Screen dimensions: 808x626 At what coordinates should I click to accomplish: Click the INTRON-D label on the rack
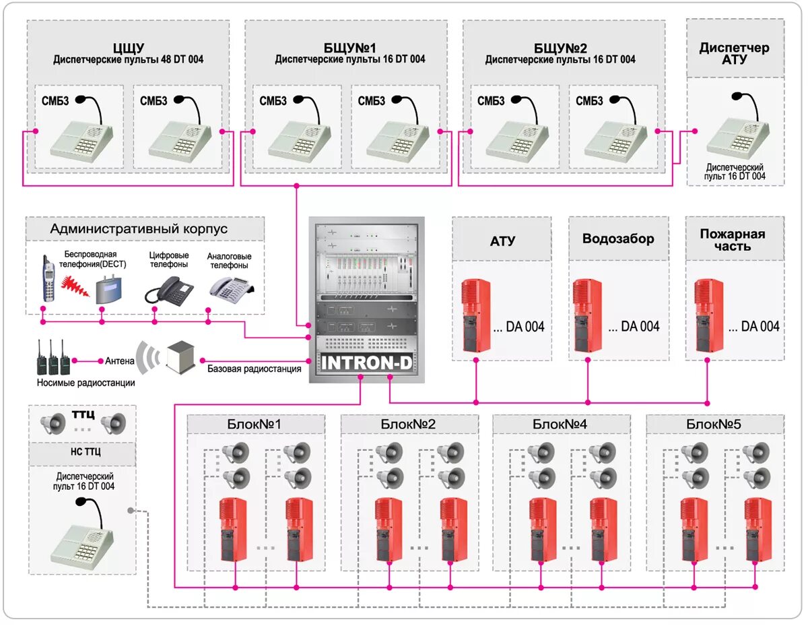click(x=367, y=363)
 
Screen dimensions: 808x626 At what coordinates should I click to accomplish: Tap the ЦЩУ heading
click(x=129, y=48)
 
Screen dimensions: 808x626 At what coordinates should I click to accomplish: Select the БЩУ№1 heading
click(x=350, y=48)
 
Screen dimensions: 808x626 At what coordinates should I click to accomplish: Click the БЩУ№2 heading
click(x=560, y=48)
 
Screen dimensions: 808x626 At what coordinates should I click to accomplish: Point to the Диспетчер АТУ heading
click(x=735, y=53)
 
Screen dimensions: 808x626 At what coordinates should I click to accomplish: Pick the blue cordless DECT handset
click(x=48, y=278)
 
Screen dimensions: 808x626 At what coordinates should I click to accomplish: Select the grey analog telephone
click(x=231, y=290)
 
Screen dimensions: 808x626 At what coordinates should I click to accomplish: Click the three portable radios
click(x=53, y=357)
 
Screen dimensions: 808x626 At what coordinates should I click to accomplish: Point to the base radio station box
click(x=181, y=357)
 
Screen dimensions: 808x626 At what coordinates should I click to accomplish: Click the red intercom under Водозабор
click(x=587, y=315)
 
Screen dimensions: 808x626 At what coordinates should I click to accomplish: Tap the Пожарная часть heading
click(x=733, y=240)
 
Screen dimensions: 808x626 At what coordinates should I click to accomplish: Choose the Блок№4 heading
click(x=560, y=424)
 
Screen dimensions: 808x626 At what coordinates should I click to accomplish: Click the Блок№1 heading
click(x=254, y=424)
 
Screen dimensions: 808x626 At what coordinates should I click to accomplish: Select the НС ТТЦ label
click(x=86, y=451)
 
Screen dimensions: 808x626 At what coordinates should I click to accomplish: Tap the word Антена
click(x=120, y=361)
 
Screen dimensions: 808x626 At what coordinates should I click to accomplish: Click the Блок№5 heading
click(x=714, y=424)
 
